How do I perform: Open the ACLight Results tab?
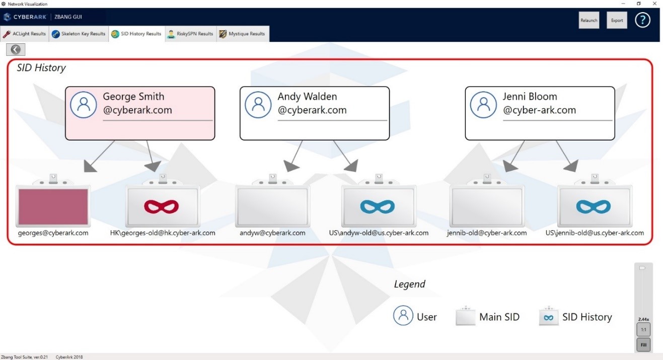(x=25, y=34)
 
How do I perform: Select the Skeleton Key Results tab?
(x=79, y=34)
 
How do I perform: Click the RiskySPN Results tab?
(x=191, y=34)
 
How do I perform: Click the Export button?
(x=617, y=21)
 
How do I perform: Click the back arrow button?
(x=16, y=49)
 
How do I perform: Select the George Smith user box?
(x=140, y=113)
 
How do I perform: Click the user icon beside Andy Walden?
(x=258, y=105)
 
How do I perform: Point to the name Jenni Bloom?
(x=530, y=97)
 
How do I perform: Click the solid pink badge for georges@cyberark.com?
(x=53, y=205)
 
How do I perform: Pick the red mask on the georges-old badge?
(x=162, y=206)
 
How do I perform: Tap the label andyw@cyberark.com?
(x=272, y=233)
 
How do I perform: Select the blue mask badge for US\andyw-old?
(x=378, y=206)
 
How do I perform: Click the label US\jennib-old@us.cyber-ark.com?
(x=595, y=233)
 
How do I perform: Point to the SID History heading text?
(x=41, y=68)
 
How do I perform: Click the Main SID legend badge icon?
(x=465, y=317)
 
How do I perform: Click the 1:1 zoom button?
(x=643, y=330)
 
